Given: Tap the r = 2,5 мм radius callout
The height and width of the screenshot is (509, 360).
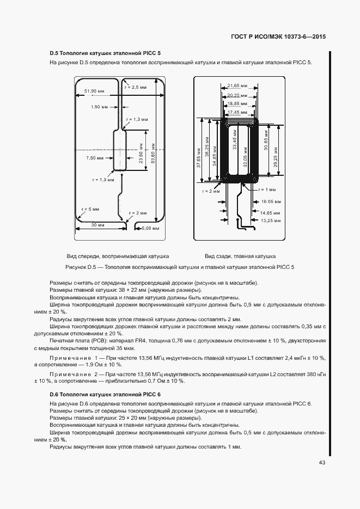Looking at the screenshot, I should click(135, 87).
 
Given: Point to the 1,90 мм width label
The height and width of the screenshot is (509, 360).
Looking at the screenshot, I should click(100, 107).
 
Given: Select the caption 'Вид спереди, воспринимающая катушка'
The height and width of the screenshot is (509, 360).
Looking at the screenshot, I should click(118, 256).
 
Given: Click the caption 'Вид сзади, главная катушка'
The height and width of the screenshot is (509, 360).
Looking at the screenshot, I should click(240, 256).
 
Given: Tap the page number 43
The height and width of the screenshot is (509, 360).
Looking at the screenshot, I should click(322, 463).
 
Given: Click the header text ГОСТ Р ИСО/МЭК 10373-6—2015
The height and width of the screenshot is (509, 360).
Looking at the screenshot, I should click(279, 36).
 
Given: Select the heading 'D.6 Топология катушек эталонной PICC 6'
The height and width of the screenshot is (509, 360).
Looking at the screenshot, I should click(105, 394).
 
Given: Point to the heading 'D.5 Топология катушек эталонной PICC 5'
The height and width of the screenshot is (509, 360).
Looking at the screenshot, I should click(105, 53).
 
